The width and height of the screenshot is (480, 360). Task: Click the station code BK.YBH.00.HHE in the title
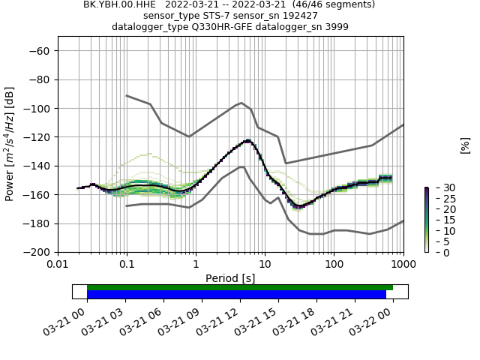[120, 4]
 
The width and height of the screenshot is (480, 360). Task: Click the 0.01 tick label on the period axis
[58, 265]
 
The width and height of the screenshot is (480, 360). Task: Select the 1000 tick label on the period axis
[403, 265]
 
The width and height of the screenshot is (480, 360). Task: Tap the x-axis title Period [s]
[230, 278]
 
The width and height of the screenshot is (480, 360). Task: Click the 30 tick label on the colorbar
[439, 187]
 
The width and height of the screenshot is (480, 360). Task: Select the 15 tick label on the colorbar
[439, 220]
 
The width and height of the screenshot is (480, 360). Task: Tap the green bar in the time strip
[239, 287]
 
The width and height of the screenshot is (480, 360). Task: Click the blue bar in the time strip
[236, 294]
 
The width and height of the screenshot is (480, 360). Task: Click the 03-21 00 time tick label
[65, 324]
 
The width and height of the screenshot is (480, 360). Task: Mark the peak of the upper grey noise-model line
[241, 103]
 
